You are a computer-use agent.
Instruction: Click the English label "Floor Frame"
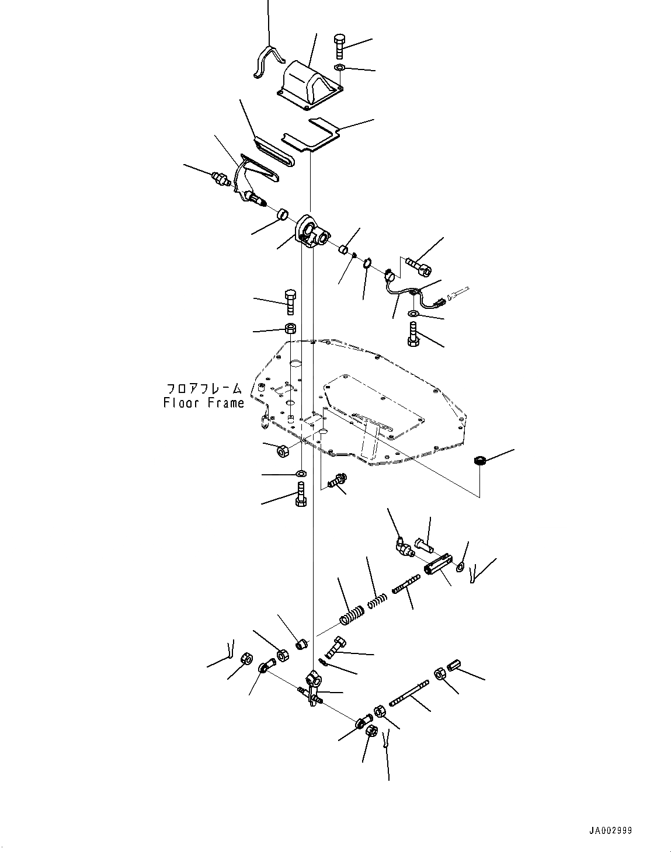204,403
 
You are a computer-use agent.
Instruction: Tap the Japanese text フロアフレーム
204,388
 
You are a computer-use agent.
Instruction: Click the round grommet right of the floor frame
480,461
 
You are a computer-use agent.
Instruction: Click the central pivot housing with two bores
312,231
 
